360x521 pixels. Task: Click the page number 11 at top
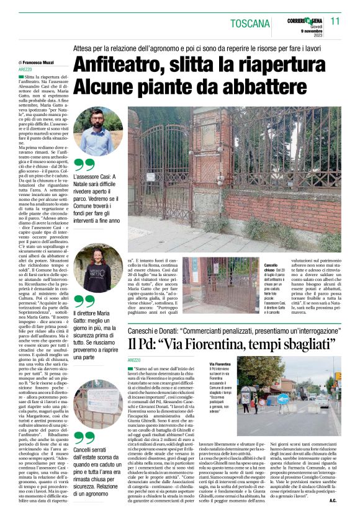click(336, 21)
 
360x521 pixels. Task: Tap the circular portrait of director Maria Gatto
click(97, 267)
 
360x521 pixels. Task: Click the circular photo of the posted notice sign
click(97, 403)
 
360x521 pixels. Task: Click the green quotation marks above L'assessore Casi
click(84, 164)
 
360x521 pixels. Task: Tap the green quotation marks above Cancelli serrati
click(84, 438)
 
